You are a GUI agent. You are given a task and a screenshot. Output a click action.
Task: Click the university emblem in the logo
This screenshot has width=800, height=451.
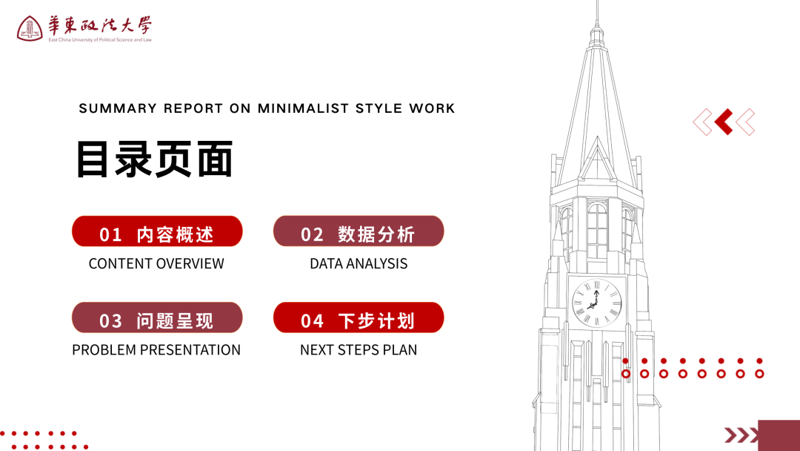click(30, 28)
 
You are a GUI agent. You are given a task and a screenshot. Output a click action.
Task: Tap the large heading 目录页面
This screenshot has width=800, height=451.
click(155, 159)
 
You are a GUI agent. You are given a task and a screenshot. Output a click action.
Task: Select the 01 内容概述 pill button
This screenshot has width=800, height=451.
click(157, 231)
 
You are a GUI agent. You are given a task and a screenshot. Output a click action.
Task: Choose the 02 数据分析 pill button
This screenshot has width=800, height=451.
click(359, 231)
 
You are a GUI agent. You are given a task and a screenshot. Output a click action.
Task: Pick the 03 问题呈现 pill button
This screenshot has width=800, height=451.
click(157, 317)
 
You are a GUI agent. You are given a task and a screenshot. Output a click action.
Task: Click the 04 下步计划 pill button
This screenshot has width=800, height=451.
click(359, 317)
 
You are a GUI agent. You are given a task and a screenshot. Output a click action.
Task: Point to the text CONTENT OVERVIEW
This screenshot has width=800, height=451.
click(156, 263)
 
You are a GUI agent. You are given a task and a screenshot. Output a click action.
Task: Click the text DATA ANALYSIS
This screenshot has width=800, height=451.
click(359, 263)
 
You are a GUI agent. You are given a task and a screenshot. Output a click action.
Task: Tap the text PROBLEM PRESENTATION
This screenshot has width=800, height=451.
click(156, 350)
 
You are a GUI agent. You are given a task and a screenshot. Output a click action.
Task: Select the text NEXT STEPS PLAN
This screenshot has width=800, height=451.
click(359, 350)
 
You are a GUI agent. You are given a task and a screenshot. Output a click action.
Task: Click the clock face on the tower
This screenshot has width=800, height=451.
click(597, 303)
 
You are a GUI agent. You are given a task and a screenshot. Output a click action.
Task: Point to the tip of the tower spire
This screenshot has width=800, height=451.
click(597, 1)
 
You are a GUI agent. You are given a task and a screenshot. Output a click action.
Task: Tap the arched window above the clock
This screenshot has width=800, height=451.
click(597, 231)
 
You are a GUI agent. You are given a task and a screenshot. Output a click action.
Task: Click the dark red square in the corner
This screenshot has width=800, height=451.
click(779, 435)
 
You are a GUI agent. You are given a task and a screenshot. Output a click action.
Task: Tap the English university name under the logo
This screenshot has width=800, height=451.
click(100, 40)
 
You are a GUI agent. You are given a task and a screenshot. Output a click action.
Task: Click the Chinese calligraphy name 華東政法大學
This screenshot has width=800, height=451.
click(100, 25)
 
